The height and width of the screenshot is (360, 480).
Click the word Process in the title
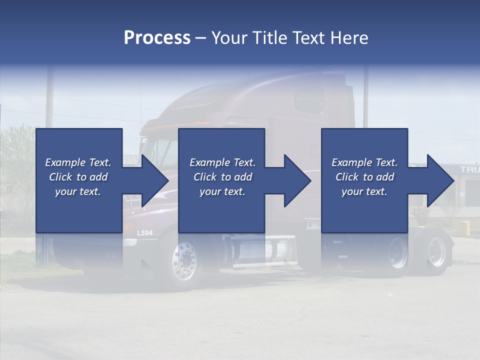157,38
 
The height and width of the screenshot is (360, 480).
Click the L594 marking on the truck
144,233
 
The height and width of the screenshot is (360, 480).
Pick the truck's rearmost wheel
436,251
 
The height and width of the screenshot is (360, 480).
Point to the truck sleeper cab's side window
310,100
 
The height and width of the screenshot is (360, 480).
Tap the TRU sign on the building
469,169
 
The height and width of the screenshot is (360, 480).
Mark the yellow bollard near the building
465,228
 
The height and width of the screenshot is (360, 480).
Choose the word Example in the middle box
206,162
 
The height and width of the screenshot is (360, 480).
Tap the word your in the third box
352,191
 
